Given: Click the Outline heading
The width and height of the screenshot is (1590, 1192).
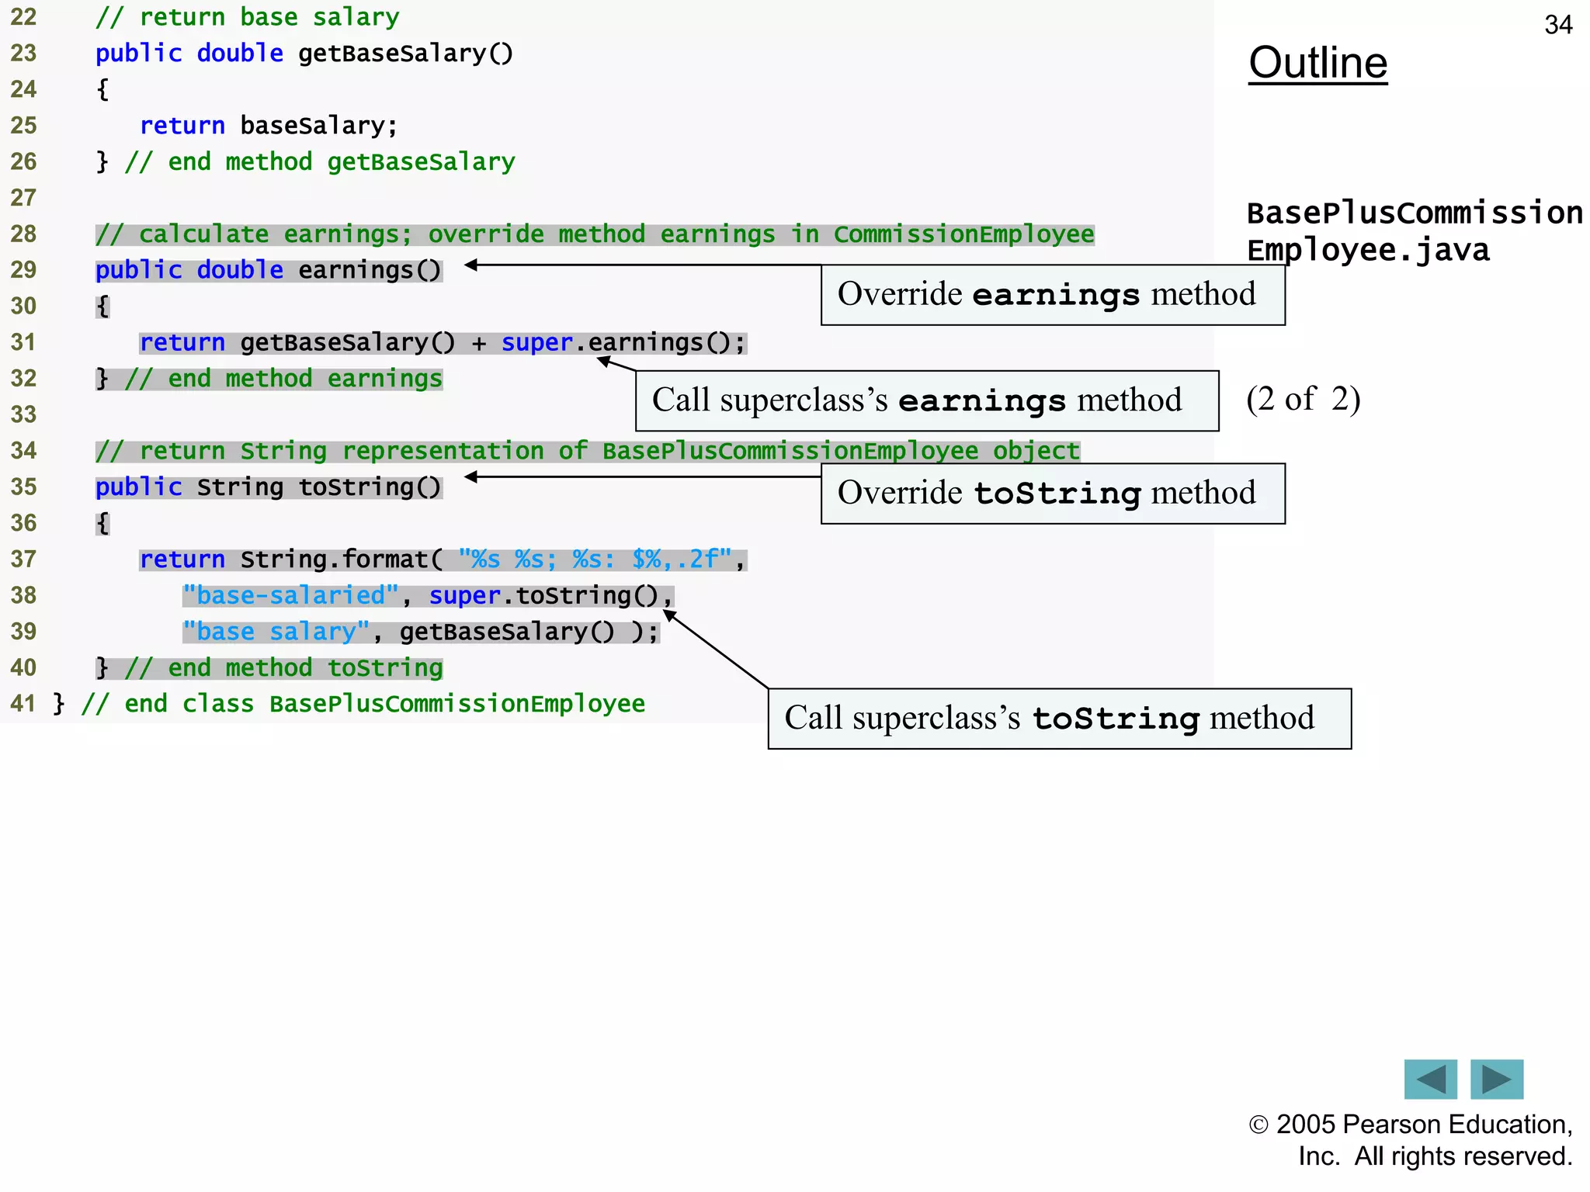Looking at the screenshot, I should click(1317, 63).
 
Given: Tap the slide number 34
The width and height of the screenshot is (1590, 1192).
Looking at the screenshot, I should click(1557, 25).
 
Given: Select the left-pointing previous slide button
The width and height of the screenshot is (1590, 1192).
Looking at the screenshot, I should click(1430, 1079).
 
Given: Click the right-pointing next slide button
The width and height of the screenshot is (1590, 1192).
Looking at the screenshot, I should click(1496, 1079).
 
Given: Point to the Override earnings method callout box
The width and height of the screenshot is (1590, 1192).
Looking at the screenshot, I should click(1052, 295).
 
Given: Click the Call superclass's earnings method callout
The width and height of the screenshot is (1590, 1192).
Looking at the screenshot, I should click(926, 400).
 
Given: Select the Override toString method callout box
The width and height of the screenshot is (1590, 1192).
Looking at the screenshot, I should click(1052, 494).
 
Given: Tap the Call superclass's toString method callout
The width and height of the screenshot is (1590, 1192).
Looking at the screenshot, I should click(1059, 719).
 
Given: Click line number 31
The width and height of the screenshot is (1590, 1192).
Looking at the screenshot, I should click(23, 342).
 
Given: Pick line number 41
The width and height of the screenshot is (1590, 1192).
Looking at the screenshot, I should click(23, 704).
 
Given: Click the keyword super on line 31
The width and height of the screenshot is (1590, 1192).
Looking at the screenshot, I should click(536, 342).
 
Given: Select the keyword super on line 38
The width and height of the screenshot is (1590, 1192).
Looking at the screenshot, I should click(464, 595).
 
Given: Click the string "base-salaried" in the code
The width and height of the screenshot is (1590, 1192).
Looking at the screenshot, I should click(290, 595).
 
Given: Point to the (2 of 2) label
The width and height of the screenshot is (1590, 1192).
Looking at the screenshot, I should click(1303, 399).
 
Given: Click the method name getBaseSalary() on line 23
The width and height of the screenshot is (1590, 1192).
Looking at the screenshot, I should click(405, 54).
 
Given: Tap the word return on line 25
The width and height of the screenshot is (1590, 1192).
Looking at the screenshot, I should click(182, 126).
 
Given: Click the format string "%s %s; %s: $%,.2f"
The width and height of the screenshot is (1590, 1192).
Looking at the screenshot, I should click(595, 559).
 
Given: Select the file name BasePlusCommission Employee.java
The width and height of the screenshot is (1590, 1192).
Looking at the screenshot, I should click(1413, 231).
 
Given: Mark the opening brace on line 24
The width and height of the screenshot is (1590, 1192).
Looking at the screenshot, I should click(102, 90).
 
